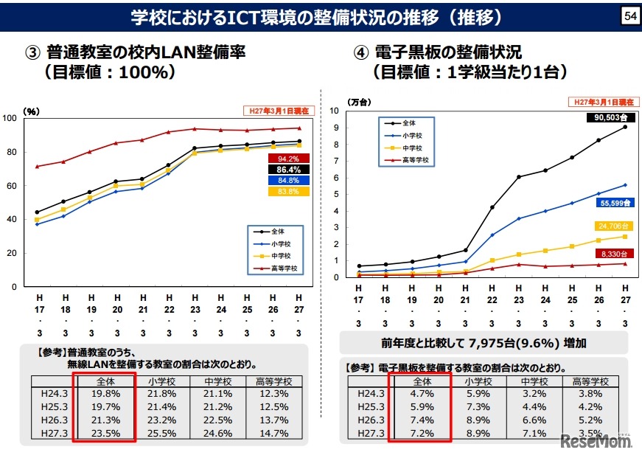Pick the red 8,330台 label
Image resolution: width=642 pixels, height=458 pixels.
tap(612, 253)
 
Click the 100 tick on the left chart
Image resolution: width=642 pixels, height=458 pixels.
tap(10, 119)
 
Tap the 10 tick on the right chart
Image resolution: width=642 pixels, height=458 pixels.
tap(334, 111)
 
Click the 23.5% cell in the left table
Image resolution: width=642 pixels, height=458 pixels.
tap(104, 434)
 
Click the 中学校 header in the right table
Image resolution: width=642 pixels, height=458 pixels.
tap(534, 381)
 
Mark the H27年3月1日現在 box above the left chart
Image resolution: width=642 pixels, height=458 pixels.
tap(279, 111)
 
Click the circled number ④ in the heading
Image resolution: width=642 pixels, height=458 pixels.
tap(360, 52)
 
